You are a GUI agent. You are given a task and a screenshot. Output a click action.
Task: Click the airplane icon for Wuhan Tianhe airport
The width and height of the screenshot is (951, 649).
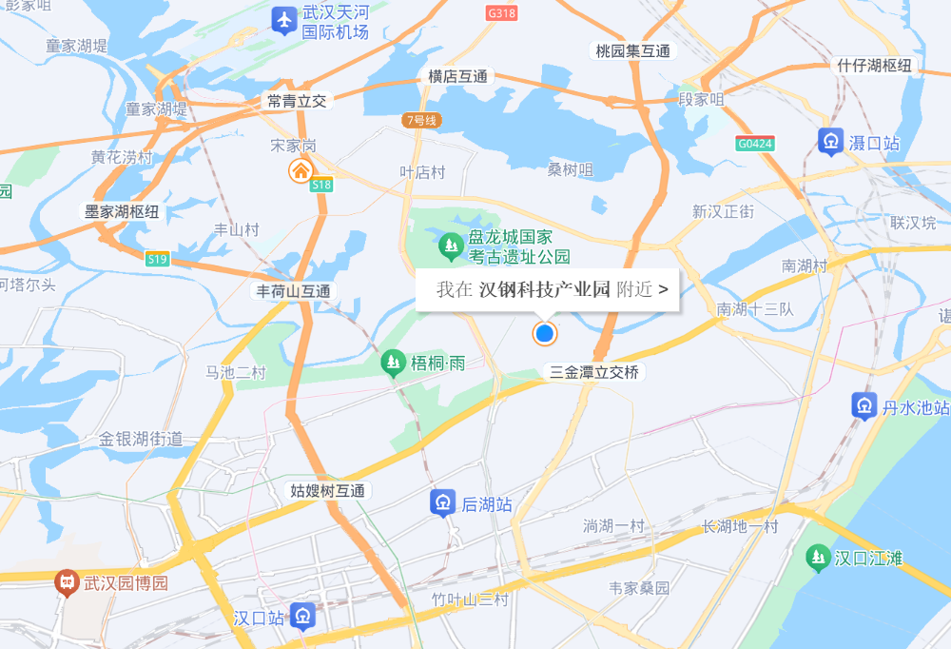282,20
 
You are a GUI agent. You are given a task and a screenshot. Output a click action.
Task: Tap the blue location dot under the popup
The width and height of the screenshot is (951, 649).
544,334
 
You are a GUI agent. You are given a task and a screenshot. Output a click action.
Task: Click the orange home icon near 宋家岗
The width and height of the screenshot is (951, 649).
301,171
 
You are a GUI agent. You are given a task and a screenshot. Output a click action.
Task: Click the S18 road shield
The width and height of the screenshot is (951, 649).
321,186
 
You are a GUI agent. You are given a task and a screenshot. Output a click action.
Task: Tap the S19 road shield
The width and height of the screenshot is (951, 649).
157,258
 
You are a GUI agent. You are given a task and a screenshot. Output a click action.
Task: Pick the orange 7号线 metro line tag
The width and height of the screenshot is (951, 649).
419,120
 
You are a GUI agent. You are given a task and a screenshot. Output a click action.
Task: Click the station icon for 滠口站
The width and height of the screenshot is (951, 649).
830,142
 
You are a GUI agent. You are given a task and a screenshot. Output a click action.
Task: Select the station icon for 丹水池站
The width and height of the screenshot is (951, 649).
864,406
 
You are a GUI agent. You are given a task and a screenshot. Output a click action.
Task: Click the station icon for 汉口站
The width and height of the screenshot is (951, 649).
302,616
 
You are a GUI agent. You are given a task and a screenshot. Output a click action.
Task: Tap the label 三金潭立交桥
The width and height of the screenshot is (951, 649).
594,373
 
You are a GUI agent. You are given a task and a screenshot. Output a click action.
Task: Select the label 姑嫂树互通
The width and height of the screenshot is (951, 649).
328,491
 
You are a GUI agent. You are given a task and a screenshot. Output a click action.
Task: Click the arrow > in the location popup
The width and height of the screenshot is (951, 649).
663,289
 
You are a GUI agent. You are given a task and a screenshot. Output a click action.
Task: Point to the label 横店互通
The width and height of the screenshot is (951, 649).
457,76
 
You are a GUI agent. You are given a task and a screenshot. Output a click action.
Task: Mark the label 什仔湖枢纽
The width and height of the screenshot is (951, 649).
874,65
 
